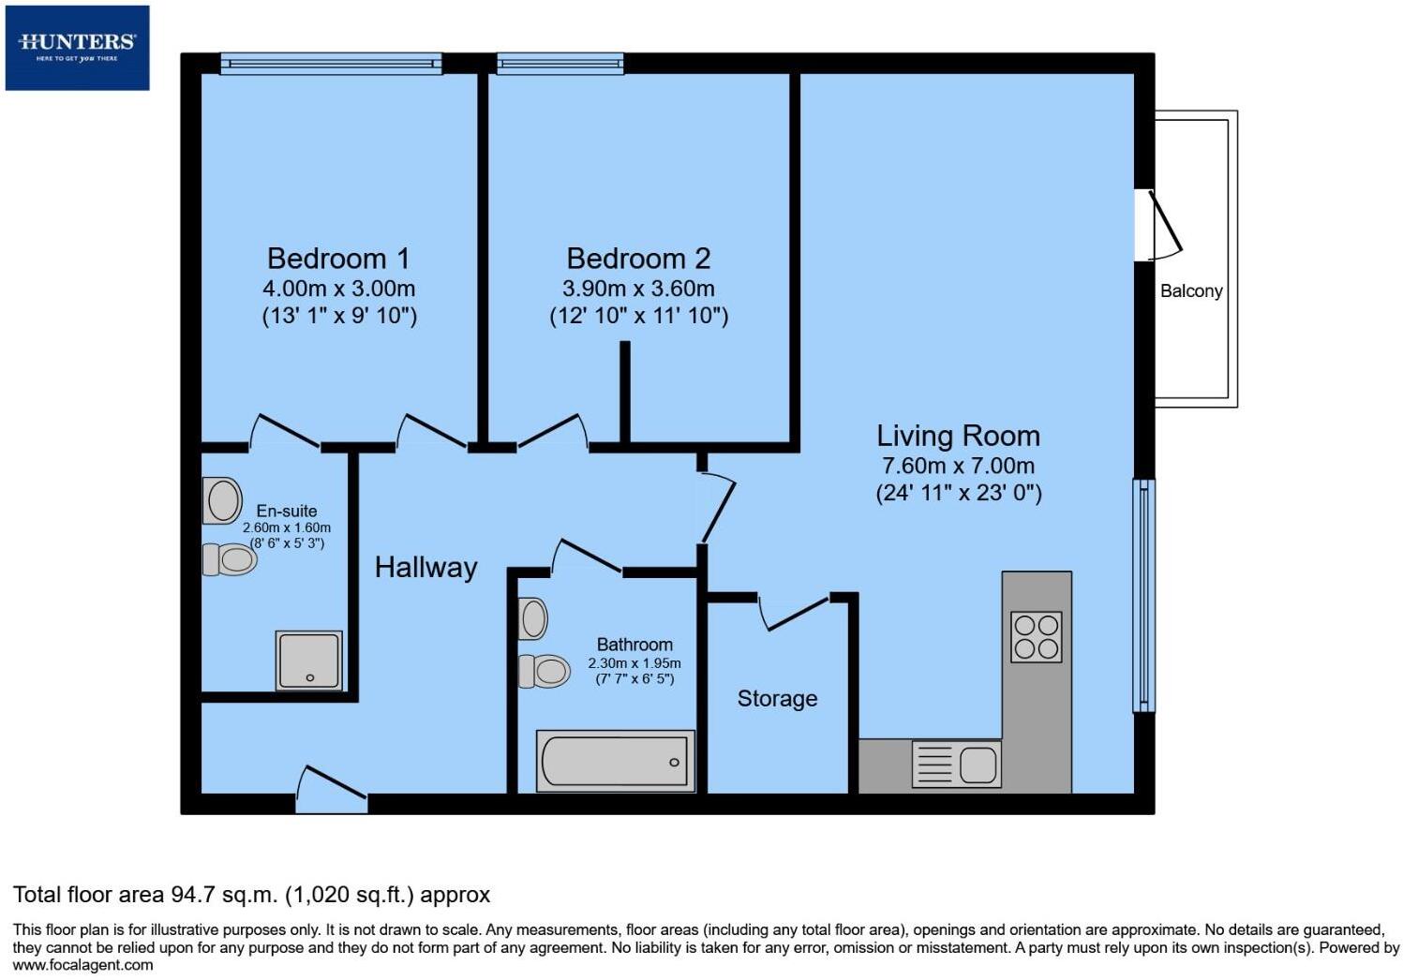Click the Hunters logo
coord(77,47)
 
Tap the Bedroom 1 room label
coord(338,259)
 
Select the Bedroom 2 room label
coord(638,259)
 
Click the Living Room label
coord(958,436)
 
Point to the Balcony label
coord(1191,291)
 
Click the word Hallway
coord(425,568)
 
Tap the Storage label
coord(777,699)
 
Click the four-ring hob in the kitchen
coord(1037,637)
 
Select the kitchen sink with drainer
coord(956,764)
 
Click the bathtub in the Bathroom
coord(615,761)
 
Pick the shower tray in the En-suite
coord(308,661)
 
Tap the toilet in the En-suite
coord(230,559)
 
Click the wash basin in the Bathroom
coord(533,619)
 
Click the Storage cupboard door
coord(794,613)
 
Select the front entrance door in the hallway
coord(331,789)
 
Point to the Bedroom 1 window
coord(331,64)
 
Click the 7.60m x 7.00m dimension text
coord(958,466)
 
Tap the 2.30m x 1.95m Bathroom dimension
coord(634,663)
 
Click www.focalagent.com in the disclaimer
coord(82,965)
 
